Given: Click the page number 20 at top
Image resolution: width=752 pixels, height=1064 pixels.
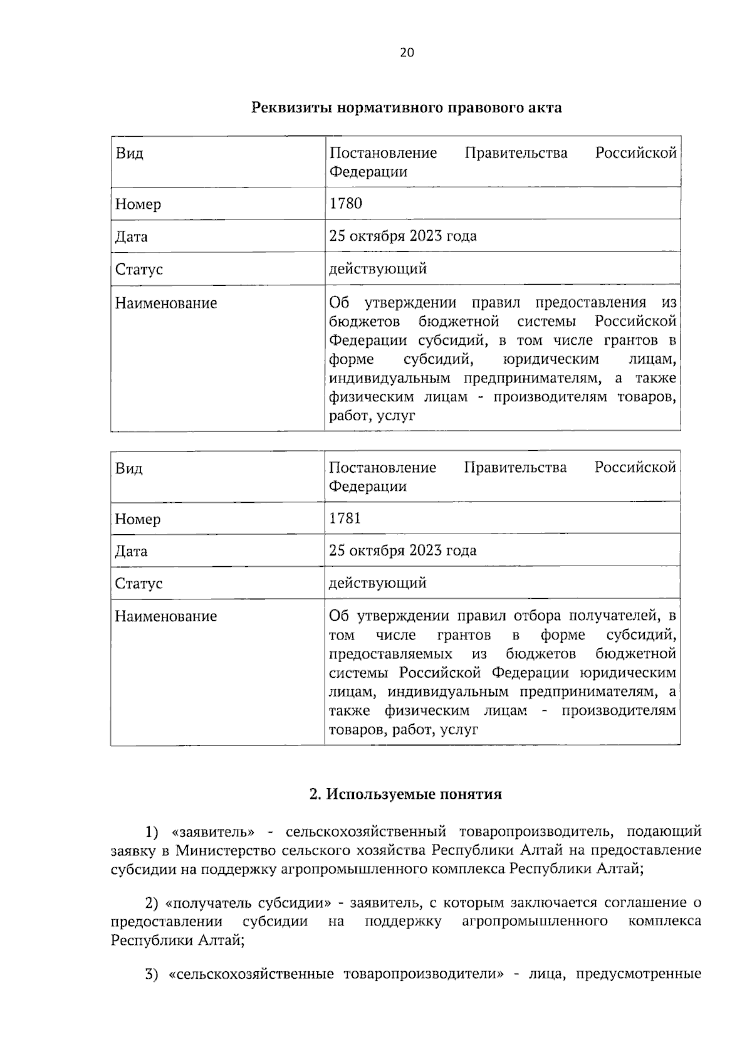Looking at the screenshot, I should pyautogui.click(x=407, y=53).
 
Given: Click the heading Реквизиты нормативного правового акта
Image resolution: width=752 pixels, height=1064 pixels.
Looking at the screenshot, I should pyautogui.click(x=406, y=108).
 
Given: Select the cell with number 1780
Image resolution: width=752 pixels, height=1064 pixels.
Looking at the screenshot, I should pyautogui.click(x=345, y=203).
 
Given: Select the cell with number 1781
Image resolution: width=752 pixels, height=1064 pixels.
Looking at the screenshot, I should pyautogui.click(x=345, y=518).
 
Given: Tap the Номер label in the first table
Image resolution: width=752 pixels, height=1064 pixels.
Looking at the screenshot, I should pyautogui.click(x=138, y=204).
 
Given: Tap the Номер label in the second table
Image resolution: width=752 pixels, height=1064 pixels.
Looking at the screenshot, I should pyautogui.click(x=138, y=519).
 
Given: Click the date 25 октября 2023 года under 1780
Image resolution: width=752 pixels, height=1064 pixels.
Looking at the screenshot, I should pyautogui.click(x=402, y=236).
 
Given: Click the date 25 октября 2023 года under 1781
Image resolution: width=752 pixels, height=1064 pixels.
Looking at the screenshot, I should pyautogui.click(x=402, y=550).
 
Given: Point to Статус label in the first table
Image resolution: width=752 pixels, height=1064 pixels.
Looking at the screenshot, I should pyautogui.click(x=138, y=270).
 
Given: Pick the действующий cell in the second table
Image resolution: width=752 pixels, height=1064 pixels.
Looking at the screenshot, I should pyautogui.click(x=377, y=583).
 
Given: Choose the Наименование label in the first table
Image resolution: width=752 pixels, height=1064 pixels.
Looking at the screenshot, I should pyautogui.click(x=165, y=303).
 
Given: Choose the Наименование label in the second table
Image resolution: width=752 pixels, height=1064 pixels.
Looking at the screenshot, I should pyautogui.click(x=165, y=616).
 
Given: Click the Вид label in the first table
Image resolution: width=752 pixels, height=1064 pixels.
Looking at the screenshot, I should pyautogui.click(x=129, y=154).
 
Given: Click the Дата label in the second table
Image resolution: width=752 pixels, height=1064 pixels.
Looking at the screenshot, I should pyautogui.click(x=131, y=552).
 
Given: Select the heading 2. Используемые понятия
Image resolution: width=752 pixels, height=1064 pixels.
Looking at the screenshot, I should pyautogui.click(x=406, y=794).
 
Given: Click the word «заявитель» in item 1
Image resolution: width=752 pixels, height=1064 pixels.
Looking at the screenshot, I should pyautogui.click(x=212, y=832).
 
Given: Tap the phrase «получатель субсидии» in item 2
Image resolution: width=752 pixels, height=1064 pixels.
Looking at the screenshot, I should pyautogui.click(x=248, y=903).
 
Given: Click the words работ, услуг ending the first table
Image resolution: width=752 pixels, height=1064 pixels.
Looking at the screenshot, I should pyautogui.click(x=372, y=416).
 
